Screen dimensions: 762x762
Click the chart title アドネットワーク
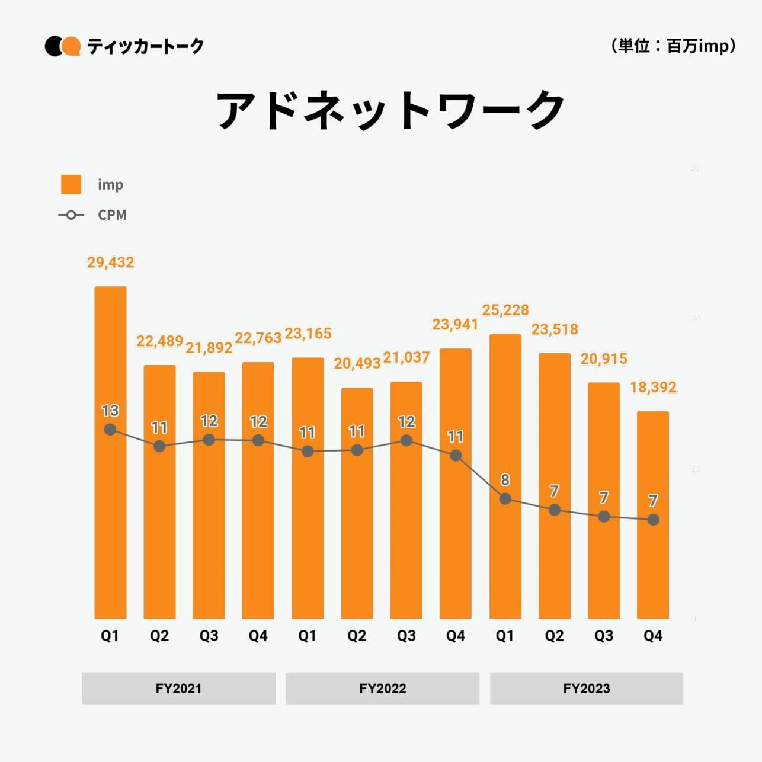(390, 110)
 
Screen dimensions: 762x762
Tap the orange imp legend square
(71, 184)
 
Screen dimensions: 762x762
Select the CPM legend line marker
(71, 215)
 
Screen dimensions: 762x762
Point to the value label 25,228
(505, 310)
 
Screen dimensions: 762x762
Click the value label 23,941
(455, 325)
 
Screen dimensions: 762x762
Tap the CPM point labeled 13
(110, 430)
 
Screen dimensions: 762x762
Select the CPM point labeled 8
(505, 499)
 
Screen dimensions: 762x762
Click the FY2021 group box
(178, 689)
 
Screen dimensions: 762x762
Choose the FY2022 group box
(383, 689)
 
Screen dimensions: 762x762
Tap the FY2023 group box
(587, 689)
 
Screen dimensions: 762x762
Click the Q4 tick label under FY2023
(653, 636)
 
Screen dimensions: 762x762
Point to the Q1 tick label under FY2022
(308, 636)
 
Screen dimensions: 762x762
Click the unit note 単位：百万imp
(673, 46)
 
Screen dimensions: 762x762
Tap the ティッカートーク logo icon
(63, 46)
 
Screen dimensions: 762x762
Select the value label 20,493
(357, 363)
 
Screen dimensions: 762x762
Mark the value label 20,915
(604, 358)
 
